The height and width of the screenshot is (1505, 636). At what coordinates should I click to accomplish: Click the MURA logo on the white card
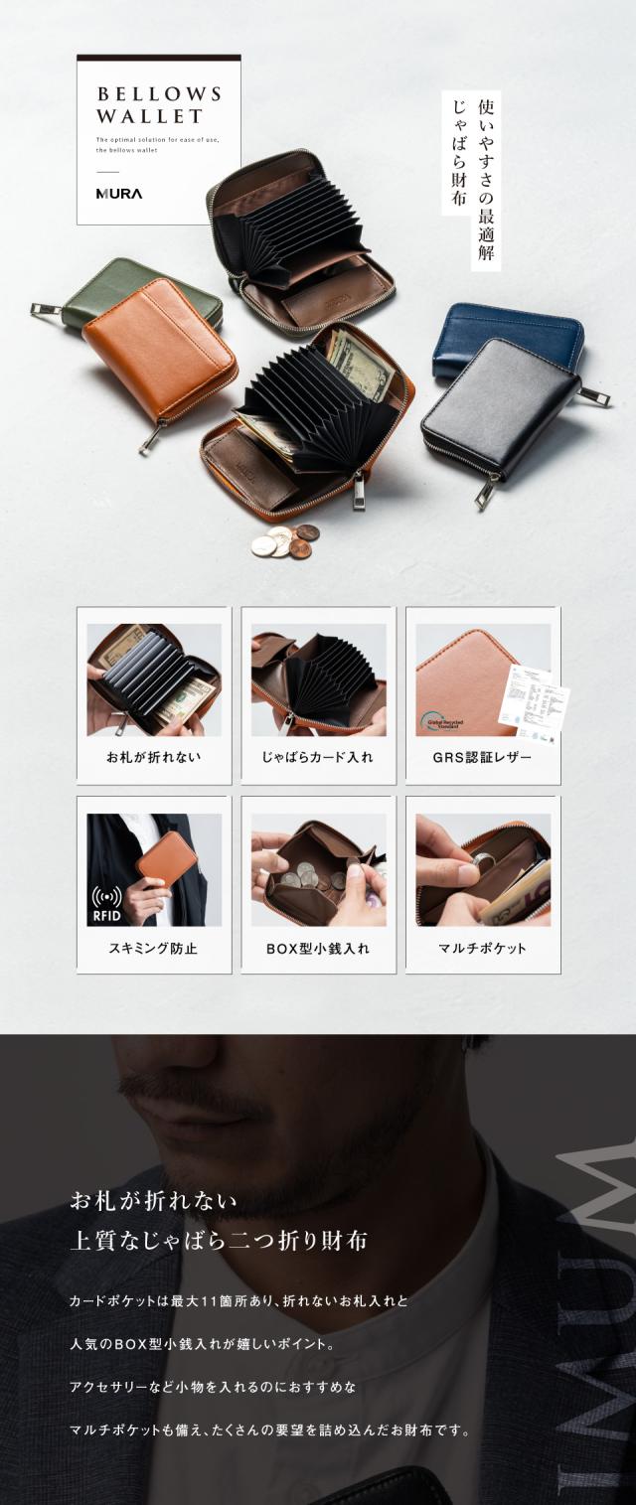click(119, 194)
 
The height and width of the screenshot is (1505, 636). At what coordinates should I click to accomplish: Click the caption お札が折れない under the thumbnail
click(154, 758)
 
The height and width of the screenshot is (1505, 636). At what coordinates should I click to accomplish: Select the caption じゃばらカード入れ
click(318, 758)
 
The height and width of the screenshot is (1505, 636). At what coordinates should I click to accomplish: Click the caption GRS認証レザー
click(482, 758)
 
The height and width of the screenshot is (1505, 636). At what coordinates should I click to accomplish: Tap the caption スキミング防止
click(154, 948)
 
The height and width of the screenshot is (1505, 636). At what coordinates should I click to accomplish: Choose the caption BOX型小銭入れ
click(318, 948)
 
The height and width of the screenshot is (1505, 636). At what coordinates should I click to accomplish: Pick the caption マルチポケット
click(482, 948)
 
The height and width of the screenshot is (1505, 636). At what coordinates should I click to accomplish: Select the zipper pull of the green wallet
click(42, 310)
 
